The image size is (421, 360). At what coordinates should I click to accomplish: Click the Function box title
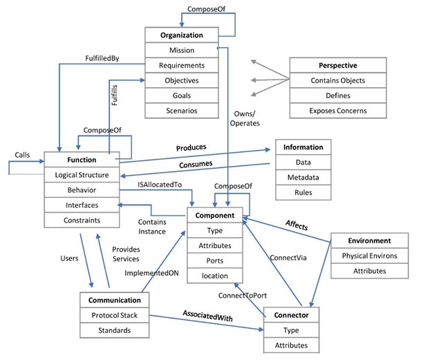(82, 160)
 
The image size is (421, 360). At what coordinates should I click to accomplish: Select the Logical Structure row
(82, 175)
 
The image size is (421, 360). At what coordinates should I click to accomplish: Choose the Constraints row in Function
(82, 220)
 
